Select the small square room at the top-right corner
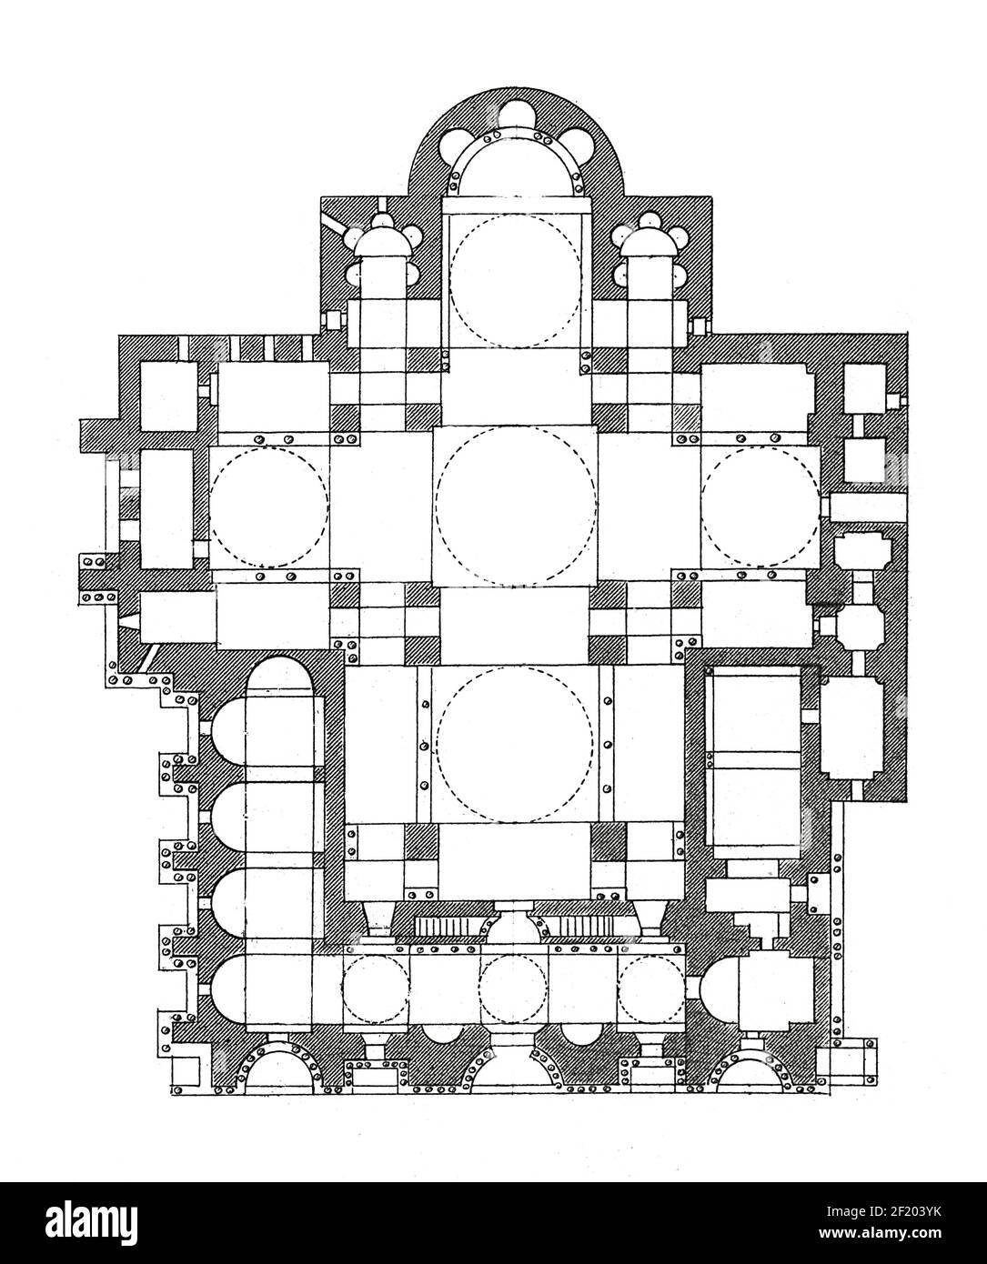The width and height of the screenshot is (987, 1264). (x=865, y=388)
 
